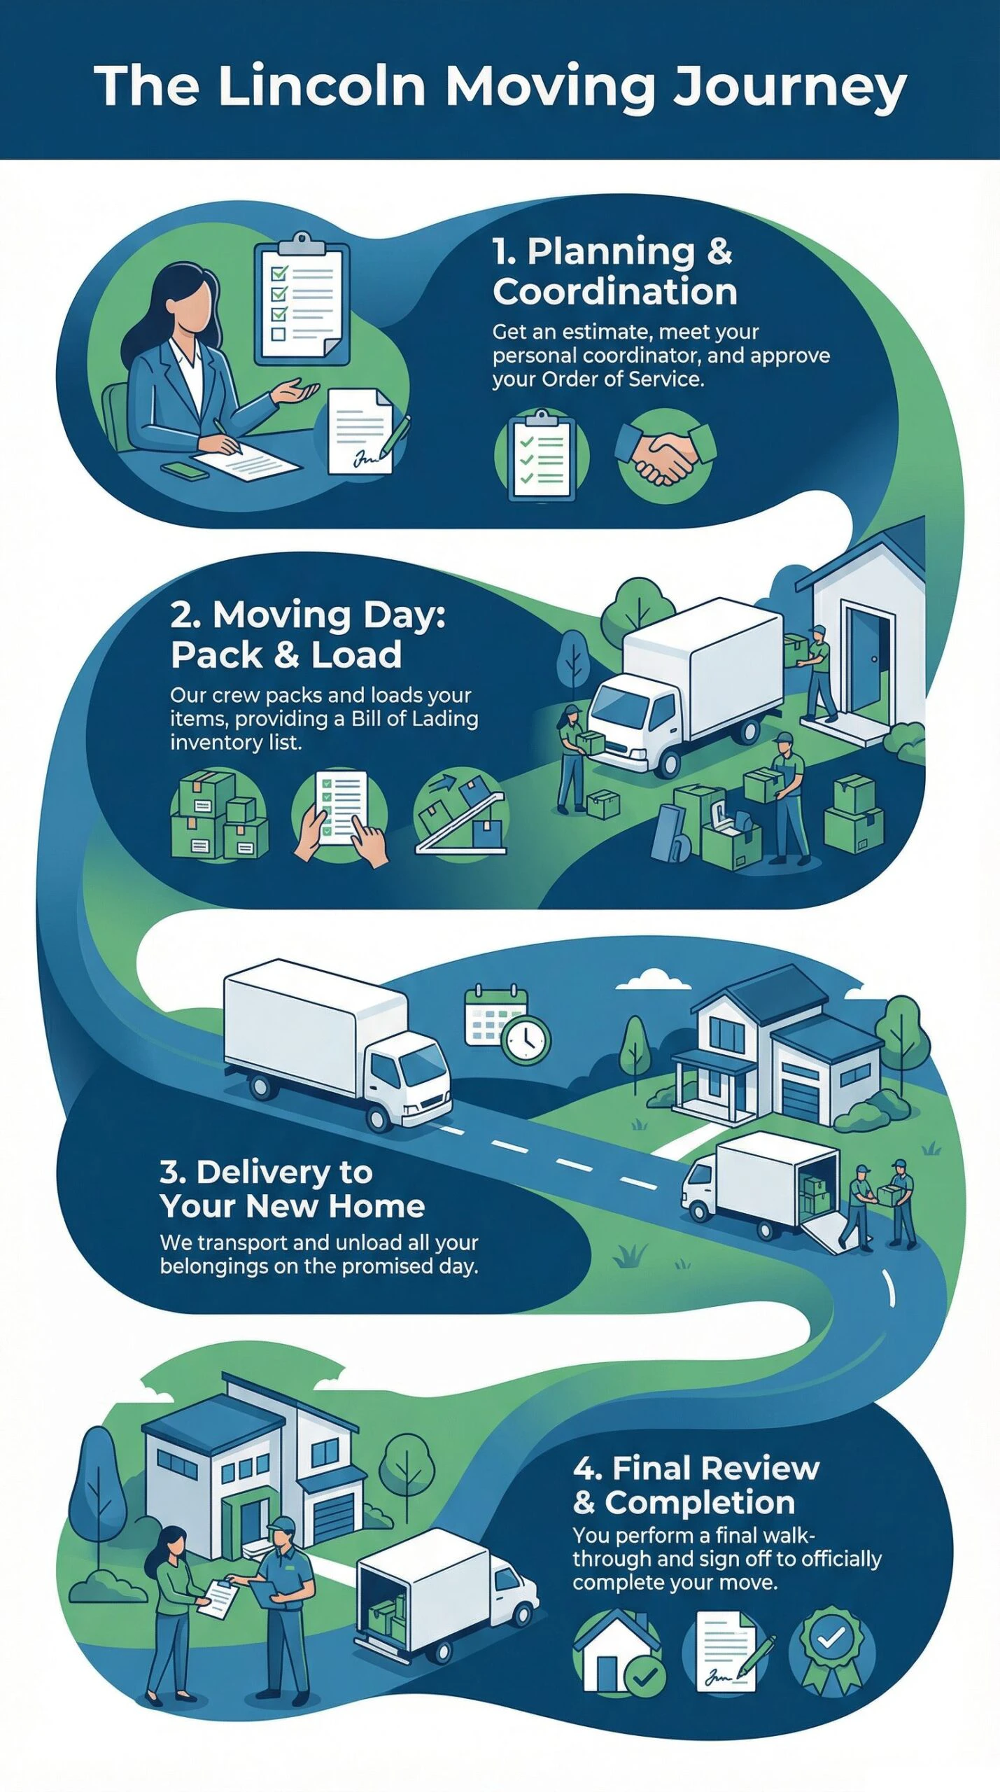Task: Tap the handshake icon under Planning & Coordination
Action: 666,456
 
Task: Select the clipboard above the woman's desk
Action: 301,299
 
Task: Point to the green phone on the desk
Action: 185,470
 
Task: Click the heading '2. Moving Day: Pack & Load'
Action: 308,634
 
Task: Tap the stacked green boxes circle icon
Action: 219,813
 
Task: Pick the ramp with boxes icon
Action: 461,813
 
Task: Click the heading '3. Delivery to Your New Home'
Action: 292,1189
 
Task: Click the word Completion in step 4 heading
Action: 700,1502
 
